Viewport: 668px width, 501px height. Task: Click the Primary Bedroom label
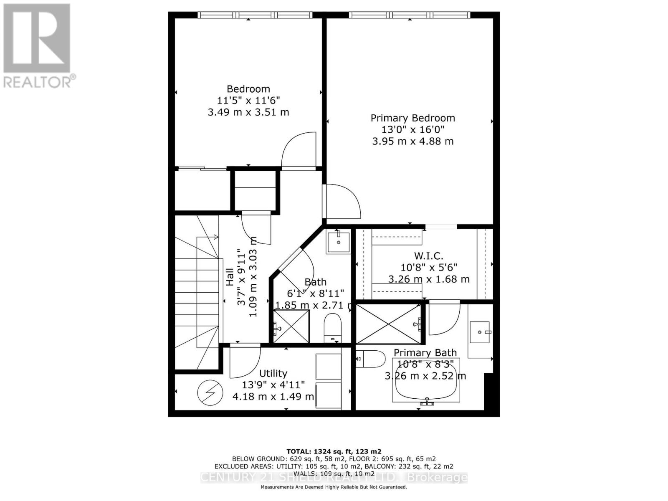(x=412, y=118)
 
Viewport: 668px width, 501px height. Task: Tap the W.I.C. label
(x=428, y=256)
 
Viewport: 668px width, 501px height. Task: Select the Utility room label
(x=273, y=373)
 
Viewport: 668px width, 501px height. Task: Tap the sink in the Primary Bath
(x=480, y=332)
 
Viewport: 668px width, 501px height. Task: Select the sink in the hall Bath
(x=339, y=242)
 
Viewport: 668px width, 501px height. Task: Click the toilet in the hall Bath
(x=333, y=328)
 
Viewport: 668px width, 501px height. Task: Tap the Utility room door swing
(x=245, y=359)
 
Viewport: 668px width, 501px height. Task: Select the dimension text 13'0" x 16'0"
(x=412, y=130)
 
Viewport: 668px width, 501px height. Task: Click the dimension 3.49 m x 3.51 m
(x=248, y=112)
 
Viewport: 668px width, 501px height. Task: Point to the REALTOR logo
(x=37, y=46)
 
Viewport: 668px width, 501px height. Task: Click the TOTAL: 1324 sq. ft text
(x=334, y=451)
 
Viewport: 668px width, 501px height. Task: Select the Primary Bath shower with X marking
(x=388, y=324)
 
